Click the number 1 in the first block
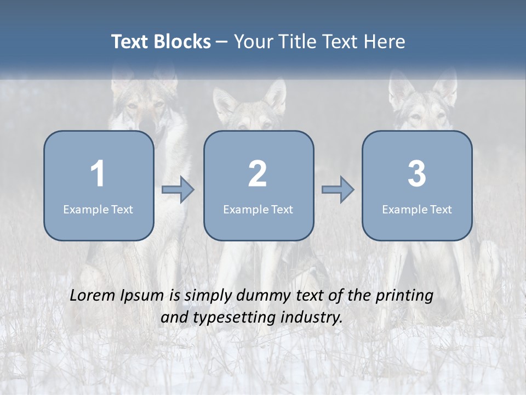[98, 174]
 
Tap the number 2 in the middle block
[258, 174]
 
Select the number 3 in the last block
[417, 174]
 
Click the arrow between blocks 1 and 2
[178, 190]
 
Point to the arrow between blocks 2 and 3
[338, 190]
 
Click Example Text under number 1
[98, 209]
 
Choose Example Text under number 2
[258, 209]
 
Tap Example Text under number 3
[417, 209]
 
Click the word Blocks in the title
[182, 42]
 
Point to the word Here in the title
[385, 42]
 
